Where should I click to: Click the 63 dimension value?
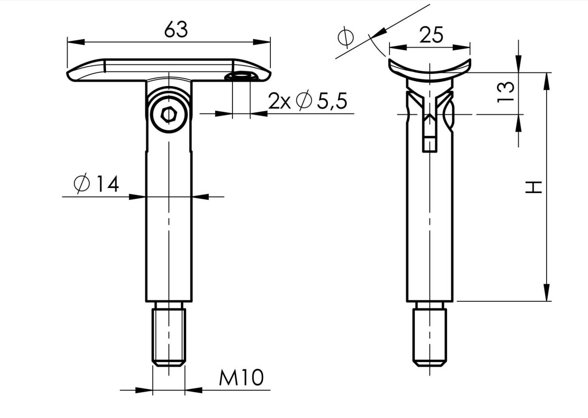[176, 30]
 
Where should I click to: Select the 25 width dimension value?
[431, 35]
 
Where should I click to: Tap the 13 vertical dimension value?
[506, 91]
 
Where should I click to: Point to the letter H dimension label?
[534, 187]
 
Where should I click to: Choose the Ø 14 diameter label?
[96, 184]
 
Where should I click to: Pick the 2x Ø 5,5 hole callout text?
[307, 101]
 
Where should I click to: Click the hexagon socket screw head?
[169, 115]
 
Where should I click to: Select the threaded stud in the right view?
[429, 335]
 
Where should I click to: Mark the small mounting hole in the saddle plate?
[242, 76]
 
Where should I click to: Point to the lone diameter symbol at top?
[345, 37]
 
